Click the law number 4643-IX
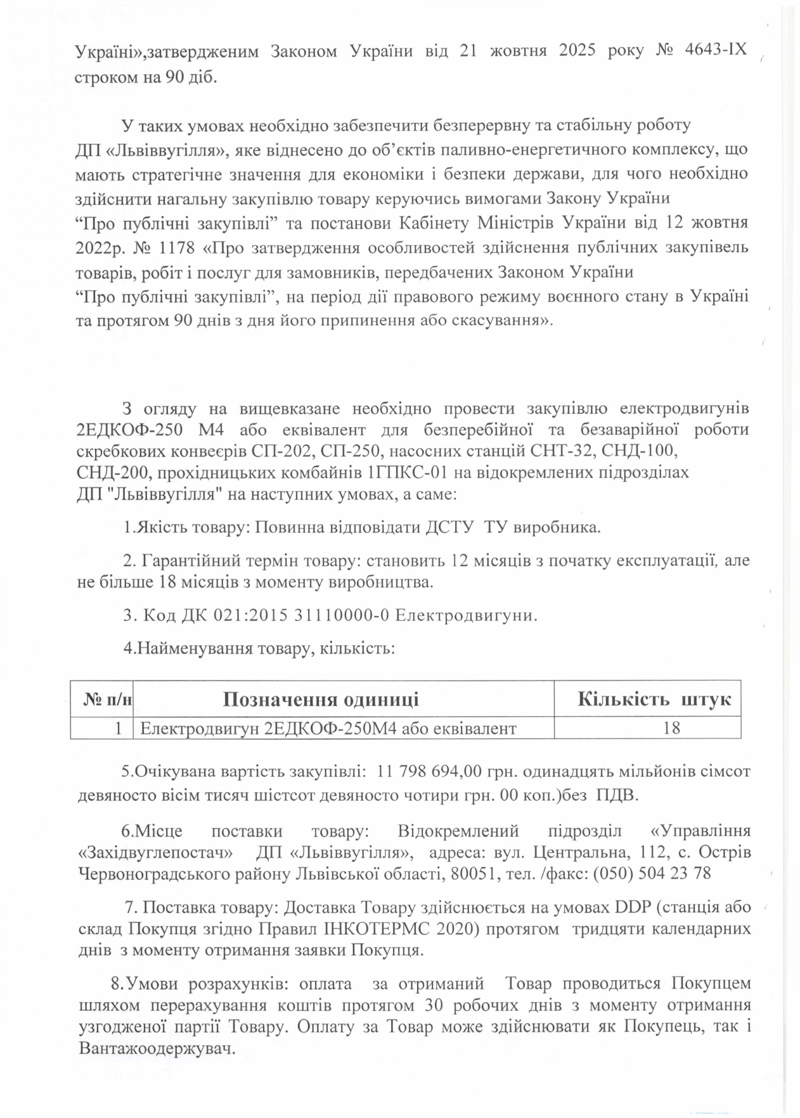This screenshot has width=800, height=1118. pos(717,51)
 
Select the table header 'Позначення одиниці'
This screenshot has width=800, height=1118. pos(321,699)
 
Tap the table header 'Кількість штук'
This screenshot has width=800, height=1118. pos(654,699)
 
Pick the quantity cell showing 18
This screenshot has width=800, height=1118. pos(671,728)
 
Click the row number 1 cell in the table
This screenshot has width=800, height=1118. pos(119,728)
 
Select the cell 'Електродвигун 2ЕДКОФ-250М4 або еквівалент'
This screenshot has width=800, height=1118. pos(328,728)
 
